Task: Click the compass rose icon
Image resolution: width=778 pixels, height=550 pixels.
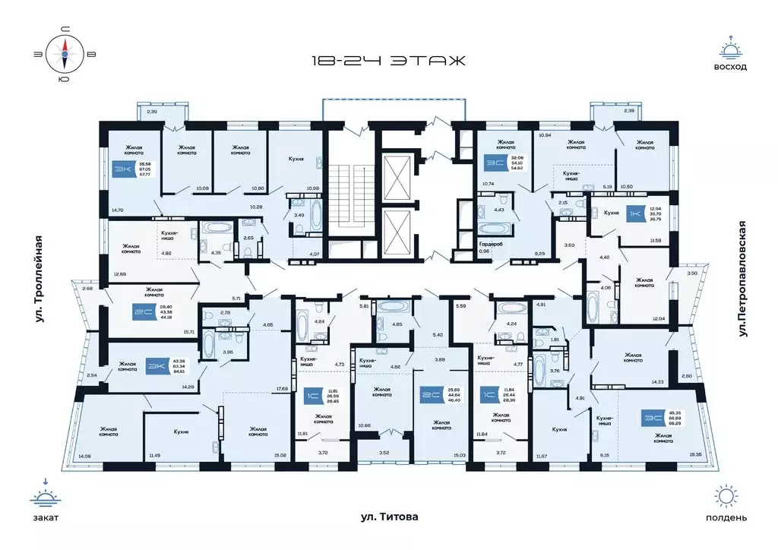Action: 65,52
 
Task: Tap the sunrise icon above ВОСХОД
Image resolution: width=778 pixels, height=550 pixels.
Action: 730,50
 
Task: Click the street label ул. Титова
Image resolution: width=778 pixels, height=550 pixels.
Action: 389,517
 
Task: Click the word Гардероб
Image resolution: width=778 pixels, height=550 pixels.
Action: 488,244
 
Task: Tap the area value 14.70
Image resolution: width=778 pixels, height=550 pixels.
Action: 116,209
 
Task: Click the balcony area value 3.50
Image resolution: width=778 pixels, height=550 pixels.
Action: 692,273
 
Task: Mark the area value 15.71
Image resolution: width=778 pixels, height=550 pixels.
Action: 188,332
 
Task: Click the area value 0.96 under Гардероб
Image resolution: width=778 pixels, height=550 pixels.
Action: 483,251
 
